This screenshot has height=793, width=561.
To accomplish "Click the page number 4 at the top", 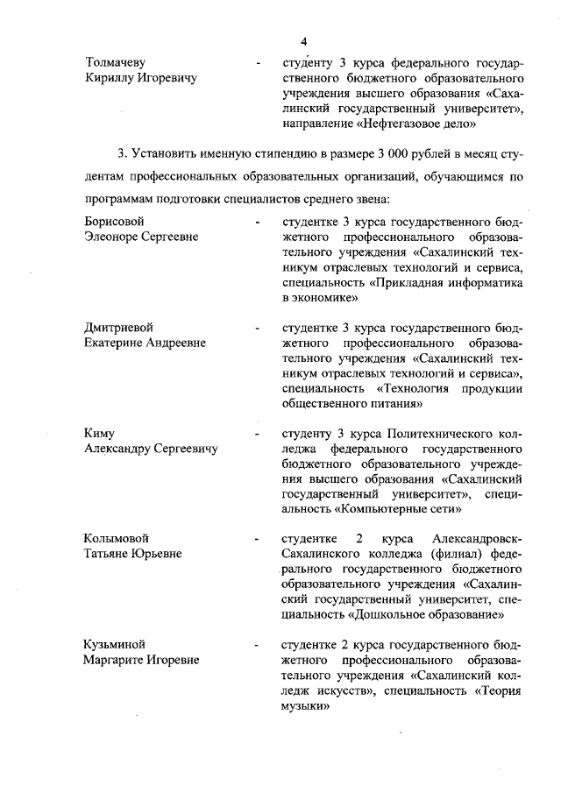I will tap(303, 41).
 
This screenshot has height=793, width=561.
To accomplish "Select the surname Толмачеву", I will tap(115, 63).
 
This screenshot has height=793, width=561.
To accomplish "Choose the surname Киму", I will tap(100, 434).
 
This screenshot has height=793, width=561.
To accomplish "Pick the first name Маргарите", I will tap(114, 660).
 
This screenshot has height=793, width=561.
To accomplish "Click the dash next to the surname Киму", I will tap(257, 435).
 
